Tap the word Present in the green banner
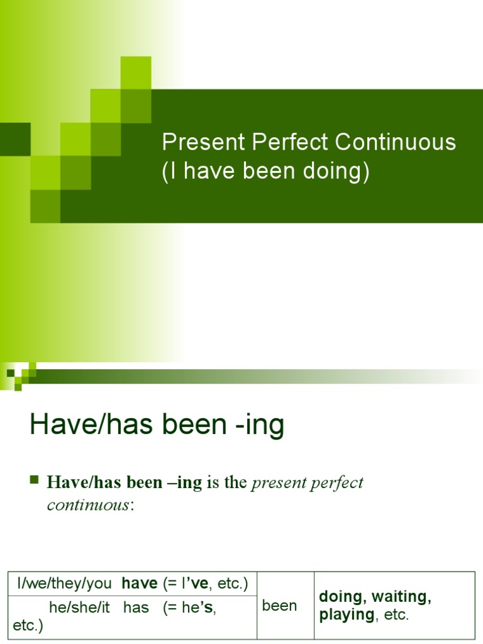pyautogui.click(x=203, y=143)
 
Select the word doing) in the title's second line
pyautogui.click(x=339, y=172)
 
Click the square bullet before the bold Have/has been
pyautogui.click(x=35, y=482)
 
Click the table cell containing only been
pyautogui.click(x=279, y=606)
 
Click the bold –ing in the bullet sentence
pyautogui.click(x=186, y=483)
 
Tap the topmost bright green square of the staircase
pyautogui.click(x=136, y=72)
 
